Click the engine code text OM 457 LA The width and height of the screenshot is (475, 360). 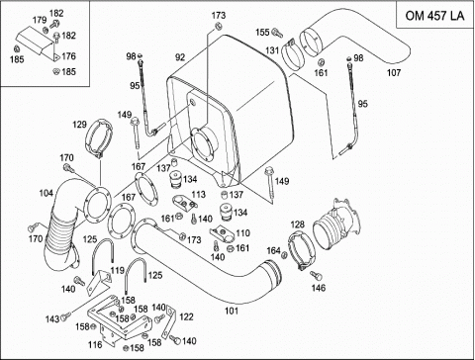434,16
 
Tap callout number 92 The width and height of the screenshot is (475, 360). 180,57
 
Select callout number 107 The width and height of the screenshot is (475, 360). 394,72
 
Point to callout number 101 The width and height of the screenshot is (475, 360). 232,311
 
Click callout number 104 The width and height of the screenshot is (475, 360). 47,193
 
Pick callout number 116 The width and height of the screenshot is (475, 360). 95,345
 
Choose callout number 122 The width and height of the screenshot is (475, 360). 186,316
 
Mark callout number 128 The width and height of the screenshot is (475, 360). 297,225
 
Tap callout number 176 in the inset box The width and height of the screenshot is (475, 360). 68,56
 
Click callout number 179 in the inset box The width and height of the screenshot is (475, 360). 40,20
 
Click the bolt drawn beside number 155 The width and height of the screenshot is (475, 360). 277,33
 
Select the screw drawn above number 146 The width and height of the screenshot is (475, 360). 316,275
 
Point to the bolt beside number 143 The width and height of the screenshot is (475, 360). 66,316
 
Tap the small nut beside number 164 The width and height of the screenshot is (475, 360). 284,254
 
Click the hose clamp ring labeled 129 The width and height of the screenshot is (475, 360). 99,137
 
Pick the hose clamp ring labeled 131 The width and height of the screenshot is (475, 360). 293,54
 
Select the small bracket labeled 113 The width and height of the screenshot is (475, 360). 184,204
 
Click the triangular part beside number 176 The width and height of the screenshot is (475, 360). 56,57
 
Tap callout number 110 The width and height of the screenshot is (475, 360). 243,233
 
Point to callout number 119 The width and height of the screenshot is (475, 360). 117,271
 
